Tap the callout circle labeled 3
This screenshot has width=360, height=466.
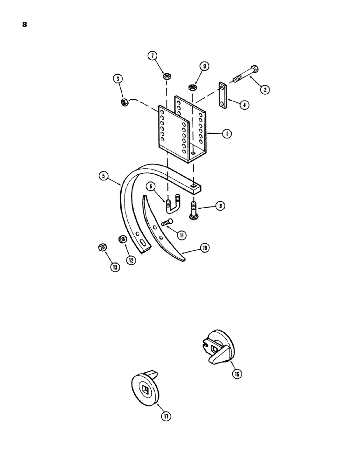tap(119, 80)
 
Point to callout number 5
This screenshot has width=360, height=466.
tap(103, 176)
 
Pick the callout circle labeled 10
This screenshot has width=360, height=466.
tap(204, 249)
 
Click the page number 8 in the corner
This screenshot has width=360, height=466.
tap(24, 25)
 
